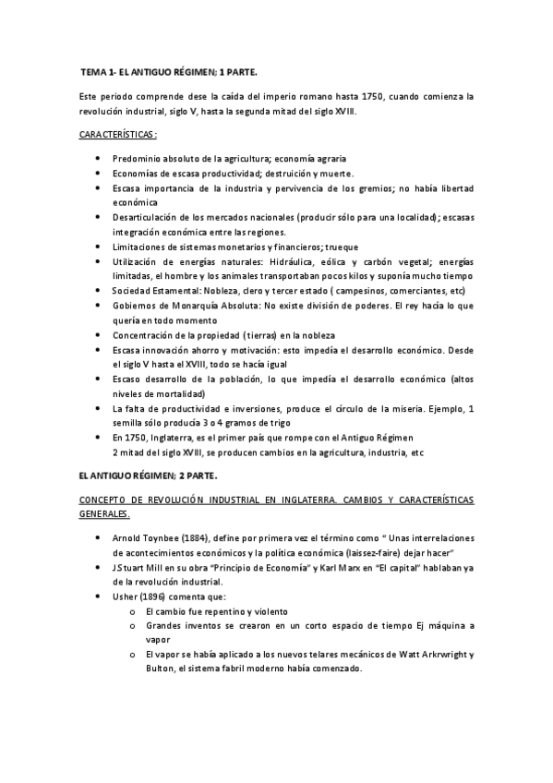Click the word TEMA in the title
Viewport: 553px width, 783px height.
[94, 71]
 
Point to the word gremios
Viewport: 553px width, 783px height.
[370, 188]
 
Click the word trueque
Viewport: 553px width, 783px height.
[341, 247]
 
